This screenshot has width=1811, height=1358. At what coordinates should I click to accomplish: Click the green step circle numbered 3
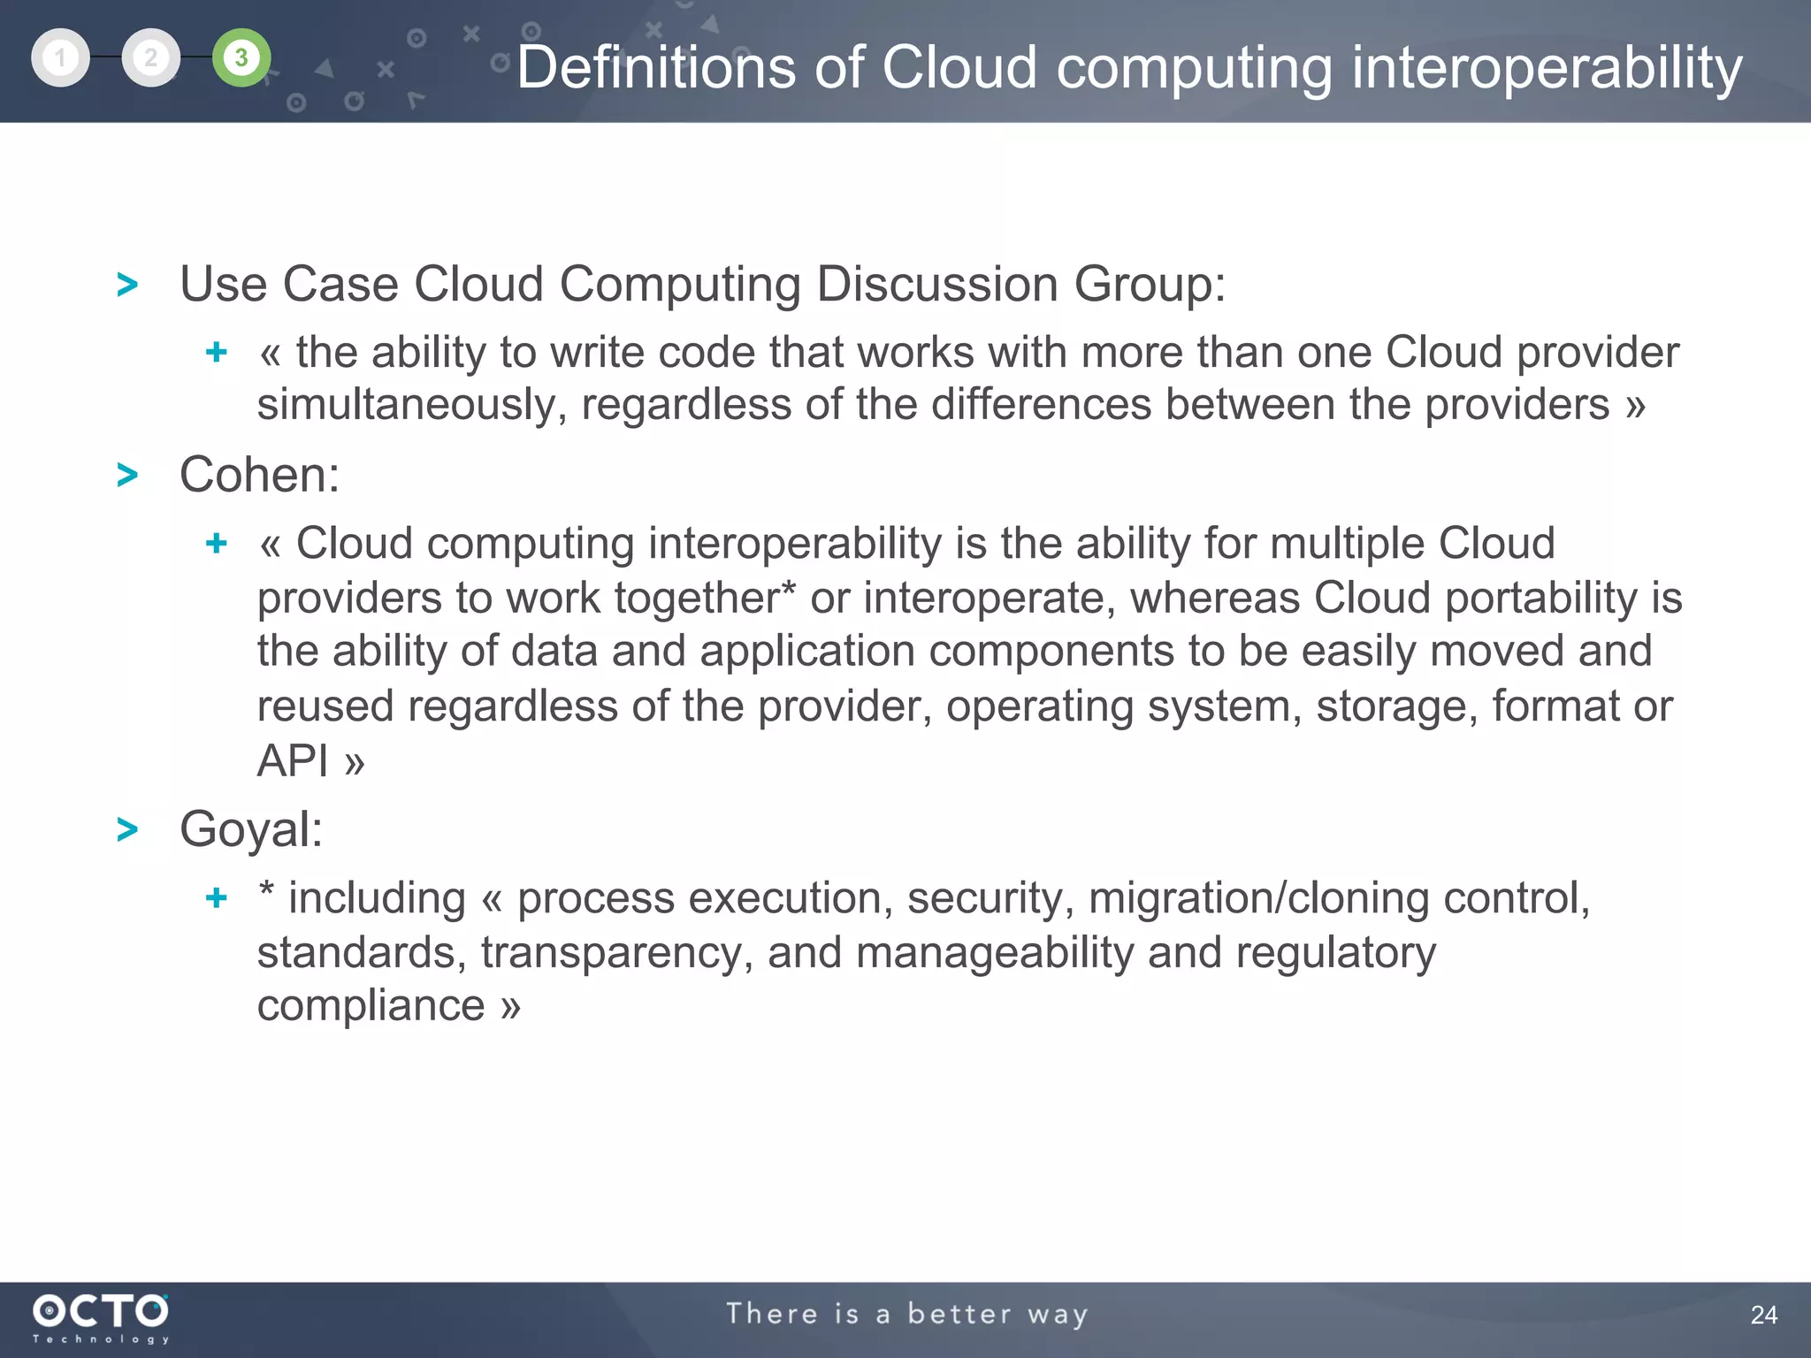click(241, 58)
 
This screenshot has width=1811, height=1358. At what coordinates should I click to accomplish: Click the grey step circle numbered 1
click(60, 58)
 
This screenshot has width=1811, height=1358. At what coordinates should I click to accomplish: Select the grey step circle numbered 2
click(150, 58)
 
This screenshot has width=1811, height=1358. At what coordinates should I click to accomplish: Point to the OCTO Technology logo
click(100, 1317)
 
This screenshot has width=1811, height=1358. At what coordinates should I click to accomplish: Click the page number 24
click(1763, 1315)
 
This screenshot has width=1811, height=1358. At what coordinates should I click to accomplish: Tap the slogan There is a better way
click(906, 1314)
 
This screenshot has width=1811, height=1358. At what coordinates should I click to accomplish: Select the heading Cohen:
click(259, 475)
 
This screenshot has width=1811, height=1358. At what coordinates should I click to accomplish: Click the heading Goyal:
click(251, 829)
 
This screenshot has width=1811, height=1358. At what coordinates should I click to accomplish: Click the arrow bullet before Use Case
click(127, 285)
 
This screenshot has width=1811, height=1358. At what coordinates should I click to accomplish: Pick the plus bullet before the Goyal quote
click(217, 898)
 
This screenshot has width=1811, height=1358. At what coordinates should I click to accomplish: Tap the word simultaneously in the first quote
click(412, 405)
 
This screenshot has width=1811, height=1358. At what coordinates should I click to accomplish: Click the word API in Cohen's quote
click(292, 760)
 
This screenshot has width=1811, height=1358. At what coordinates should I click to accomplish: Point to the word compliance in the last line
click(371, 1005)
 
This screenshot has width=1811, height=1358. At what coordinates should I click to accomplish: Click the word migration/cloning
click(1258, 898)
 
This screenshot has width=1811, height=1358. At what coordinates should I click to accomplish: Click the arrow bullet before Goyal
click(127, 829)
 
